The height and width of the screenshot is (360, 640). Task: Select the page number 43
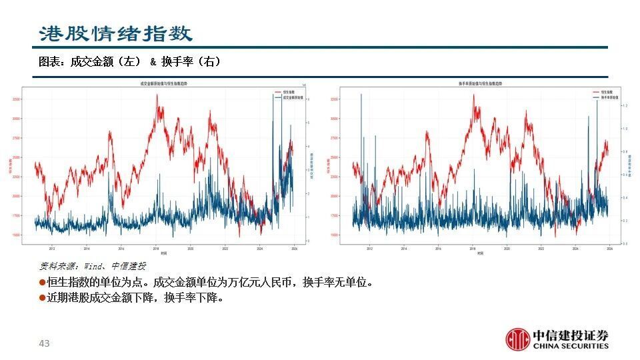click(44, 343)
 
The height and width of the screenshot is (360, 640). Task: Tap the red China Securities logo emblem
click(517, 339)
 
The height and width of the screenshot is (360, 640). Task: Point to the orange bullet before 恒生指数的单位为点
click(43, 283)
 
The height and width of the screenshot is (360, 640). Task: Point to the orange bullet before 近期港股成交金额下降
click(43, 298)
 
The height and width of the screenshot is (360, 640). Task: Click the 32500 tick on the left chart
click(17, 99)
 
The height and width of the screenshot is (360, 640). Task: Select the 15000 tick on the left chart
click(17, 235)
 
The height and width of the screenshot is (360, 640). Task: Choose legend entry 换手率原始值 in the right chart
click(606, 97)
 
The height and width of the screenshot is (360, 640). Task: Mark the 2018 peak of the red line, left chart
click(157, 95)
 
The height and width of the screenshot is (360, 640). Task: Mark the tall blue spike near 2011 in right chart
click(361, 95)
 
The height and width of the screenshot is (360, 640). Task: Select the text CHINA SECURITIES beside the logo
click(570, 345)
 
